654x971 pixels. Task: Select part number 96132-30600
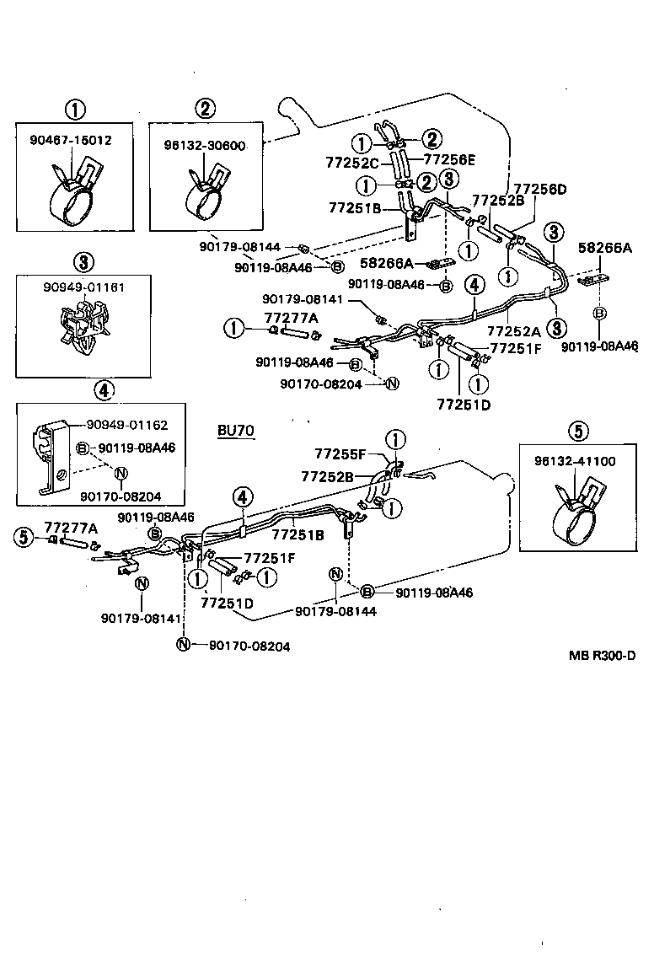tap(204, 145)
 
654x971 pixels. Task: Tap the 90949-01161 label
tap(84, 287)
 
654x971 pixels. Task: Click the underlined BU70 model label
tap(235, 431)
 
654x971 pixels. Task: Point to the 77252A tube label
tap(515, 331)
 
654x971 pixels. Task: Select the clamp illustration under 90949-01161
tap(82, 328)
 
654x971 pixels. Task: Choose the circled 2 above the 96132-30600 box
tap(205, 108)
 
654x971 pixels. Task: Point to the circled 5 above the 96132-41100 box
tap(577, 431)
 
